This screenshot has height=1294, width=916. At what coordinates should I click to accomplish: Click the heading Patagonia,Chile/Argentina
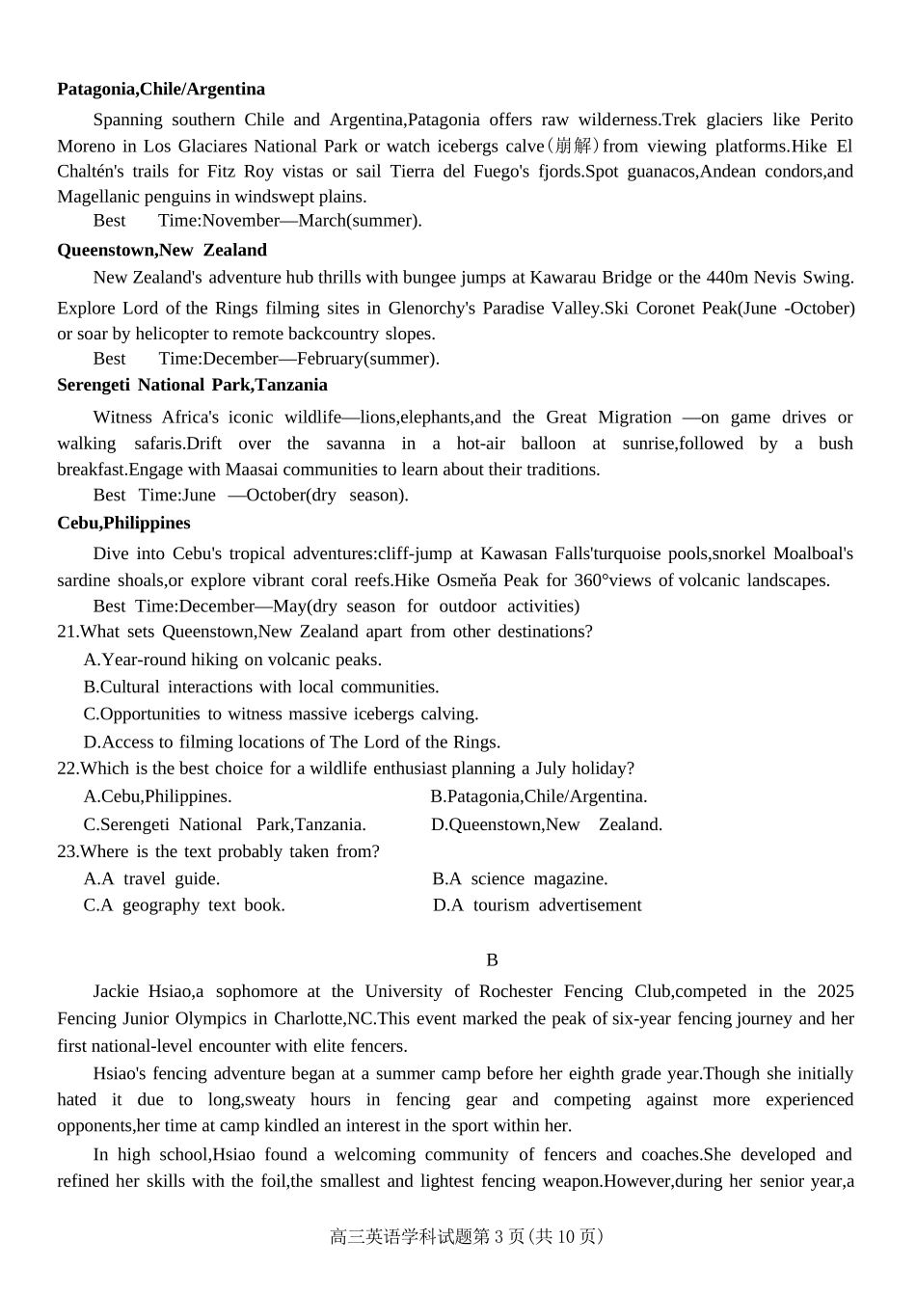(x=161, y=90)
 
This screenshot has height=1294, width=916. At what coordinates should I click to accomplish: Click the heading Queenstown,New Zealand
(x=162, y=251)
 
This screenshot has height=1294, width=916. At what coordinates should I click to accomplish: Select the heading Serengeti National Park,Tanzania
(x=192, y=386)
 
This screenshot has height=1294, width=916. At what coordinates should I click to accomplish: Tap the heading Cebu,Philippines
(x=123, y=524)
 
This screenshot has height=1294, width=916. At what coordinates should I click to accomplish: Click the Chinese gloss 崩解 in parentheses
(x=574, y=147)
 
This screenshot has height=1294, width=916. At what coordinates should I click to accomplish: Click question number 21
(x=67, y=633)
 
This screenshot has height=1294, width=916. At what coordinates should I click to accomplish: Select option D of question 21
(x=291, y=742)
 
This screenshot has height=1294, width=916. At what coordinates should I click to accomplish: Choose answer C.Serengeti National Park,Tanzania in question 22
(x=225, y=825)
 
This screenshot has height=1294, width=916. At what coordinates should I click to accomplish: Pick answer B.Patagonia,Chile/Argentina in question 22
(x=538, y=797)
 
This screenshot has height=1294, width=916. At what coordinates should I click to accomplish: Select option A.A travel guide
(x=151, y=879)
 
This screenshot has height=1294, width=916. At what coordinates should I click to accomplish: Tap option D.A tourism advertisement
(x=537, y=905)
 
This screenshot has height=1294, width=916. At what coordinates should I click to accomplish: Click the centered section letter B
(x=492, y=960)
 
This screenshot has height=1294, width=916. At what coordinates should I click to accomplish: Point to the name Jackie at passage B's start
(x=116, y=992)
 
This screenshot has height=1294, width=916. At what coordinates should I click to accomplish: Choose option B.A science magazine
(x=520, y=879)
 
